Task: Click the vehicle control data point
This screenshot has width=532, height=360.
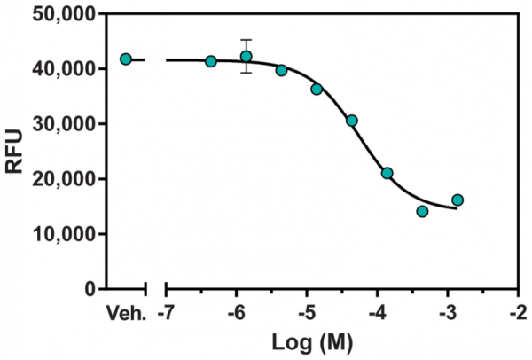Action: point(126,59)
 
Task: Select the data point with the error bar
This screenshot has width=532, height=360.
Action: point(246,57)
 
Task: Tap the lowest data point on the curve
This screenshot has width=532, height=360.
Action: point(422,211)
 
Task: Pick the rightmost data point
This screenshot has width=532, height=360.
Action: point(458,200)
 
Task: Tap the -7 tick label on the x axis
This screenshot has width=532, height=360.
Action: point(166,311)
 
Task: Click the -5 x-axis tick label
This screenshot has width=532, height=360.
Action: point(306,311)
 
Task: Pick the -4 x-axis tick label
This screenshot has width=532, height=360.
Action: point(376,311)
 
